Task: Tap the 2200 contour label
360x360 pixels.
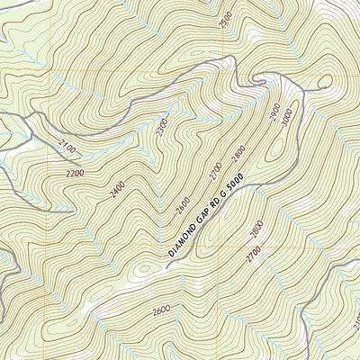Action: click(x=75, y=172)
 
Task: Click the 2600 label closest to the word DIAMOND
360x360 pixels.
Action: click(x=184, y=208)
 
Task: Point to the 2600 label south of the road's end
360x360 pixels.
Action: click(x=160, y=310)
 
